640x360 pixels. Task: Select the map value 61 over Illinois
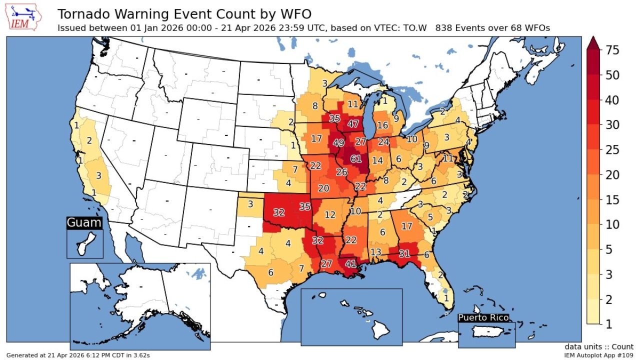[356, 159]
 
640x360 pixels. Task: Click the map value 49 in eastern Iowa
[338, 142]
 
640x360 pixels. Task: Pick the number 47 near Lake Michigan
[353, 124]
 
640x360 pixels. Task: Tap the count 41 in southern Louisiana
[351, 263]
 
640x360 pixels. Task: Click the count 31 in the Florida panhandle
[404, 253]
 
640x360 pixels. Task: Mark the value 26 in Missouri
[341, 172]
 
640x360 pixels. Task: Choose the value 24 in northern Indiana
[383, 141]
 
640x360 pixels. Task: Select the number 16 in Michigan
[382, 125]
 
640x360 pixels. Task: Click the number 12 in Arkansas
[330, 215]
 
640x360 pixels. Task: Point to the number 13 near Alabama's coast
[376, 251]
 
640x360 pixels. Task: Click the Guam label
[84, 223]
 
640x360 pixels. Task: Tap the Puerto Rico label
[483, 317]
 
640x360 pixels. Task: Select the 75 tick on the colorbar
[612, 50]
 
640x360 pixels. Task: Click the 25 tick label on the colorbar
[612, 150]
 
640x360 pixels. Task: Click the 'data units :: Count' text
[599, 346]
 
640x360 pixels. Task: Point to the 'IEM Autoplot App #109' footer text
[598, 355]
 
